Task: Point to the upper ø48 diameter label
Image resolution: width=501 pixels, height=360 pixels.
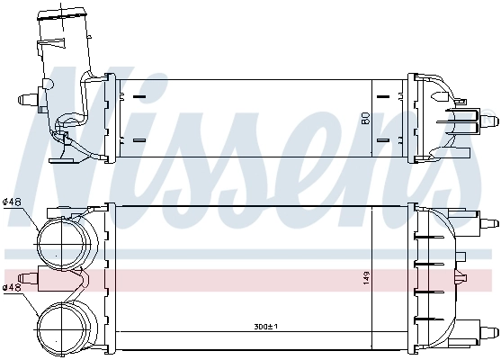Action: point(13,201)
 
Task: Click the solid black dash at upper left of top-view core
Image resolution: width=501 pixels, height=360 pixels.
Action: point(139,94)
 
